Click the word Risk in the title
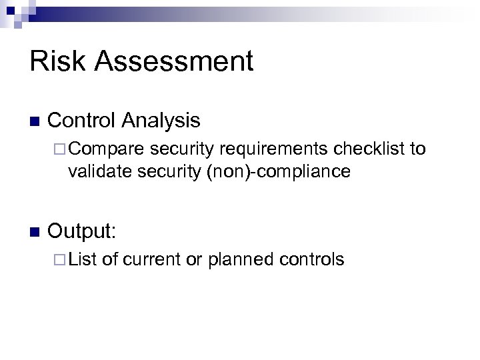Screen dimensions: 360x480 click(57, 61)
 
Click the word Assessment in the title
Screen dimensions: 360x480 click(174, 61)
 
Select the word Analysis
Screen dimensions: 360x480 click(161, 120)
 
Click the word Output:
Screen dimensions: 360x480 click(82, 231)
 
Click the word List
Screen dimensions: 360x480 click(83, 259)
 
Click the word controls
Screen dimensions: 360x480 click(312, 259)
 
